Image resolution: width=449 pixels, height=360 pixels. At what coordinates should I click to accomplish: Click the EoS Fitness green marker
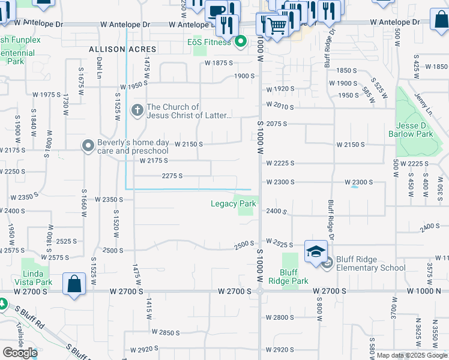tap(241, 42)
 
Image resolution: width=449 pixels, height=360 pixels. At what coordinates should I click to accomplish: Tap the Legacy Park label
tap(233, 203)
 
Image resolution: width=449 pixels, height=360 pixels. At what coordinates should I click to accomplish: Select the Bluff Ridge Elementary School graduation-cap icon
tap(316, 252)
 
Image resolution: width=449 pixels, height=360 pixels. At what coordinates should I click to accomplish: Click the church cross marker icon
tap(137, 110)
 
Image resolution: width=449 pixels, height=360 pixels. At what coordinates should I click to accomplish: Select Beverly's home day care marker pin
tap(88, 145)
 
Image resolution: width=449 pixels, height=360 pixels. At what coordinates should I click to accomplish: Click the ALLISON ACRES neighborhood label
tap(122, 49)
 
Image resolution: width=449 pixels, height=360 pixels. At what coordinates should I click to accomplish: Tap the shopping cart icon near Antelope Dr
tap(277, 25)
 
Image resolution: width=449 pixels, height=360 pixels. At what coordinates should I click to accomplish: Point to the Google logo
tap(19, 353)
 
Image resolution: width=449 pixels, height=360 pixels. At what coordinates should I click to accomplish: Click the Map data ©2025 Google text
tap(412, 355)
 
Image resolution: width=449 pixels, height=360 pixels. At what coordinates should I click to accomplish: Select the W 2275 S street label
tap(172, 176)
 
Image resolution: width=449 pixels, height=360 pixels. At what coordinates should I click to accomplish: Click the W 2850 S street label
tap(166, 332)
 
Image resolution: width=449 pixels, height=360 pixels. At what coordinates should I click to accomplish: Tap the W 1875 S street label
tap(218, 63)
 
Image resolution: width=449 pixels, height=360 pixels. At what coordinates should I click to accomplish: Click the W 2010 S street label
tap(280, 107)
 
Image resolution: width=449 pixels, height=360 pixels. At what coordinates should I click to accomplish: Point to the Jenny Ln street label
tap(425, 109)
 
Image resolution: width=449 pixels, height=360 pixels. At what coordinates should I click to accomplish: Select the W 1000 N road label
tap(427, 290)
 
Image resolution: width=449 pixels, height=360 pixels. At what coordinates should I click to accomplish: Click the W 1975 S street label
tap(47, 95)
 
